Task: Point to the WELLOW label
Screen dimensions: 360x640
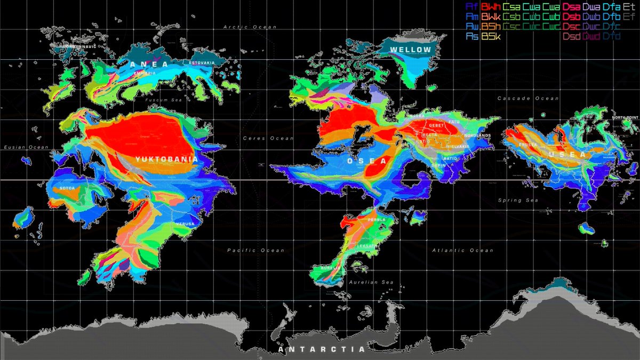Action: pos(410,50)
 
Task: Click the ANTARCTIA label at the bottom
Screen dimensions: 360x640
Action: pos(322,349)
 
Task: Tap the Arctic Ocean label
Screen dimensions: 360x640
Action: pos(250,27)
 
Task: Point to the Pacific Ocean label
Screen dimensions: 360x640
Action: pos(255,250)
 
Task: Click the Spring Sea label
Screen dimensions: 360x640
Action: pos(518,201)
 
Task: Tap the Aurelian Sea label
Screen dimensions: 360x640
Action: pos(371,282)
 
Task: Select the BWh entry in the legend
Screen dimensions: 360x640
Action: pos(490,7)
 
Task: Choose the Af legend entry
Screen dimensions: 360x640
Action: pos(471,7)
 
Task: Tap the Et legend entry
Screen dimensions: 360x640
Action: pos(629,7)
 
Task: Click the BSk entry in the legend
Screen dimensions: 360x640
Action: pos(490,36)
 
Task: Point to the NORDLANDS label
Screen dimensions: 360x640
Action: pos(477,135)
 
